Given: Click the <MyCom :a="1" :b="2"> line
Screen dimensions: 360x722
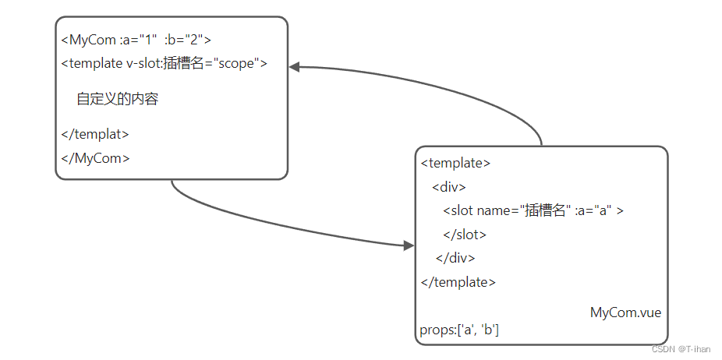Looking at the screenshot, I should point(136,39).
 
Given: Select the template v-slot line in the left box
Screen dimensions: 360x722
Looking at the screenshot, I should point(164,63).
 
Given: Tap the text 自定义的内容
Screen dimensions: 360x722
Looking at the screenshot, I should point(118,99).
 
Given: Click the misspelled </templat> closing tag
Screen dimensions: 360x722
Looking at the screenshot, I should point(95,134).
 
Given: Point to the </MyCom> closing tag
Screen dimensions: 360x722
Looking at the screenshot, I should point(95,158).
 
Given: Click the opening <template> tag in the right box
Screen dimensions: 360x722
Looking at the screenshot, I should point(455,164).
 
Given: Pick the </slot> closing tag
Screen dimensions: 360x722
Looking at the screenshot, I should point(465,234).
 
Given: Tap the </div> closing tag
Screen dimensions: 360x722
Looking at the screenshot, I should point(455,258).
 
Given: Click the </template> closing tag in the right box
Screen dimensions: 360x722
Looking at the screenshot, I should point(458,282).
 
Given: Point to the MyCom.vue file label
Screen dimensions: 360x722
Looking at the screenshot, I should point(625,313).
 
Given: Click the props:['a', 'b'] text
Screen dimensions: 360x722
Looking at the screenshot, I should point(459,330).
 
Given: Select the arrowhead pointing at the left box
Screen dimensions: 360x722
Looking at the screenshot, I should point(295,68).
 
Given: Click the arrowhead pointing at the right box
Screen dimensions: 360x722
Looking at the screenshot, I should point(409,246).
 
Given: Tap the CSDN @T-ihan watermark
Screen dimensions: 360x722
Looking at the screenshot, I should point(681,350).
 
